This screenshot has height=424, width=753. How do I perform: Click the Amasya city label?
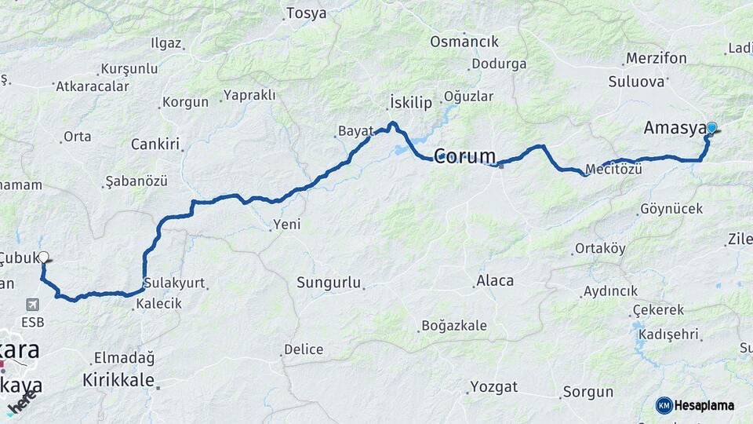(674, 128)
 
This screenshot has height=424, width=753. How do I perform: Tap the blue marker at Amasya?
(711, 127)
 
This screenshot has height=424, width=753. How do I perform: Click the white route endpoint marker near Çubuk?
(44, 256)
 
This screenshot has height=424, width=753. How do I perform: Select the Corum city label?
(464, 155)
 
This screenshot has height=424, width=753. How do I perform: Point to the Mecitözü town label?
(614, 169)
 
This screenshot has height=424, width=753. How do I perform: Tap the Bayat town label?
(355, 131)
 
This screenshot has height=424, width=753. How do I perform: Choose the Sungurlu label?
(329, 282)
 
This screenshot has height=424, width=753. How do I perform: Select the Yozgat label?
(493, 386)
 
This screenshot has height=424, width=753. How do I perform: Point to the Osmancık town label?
(464, 42)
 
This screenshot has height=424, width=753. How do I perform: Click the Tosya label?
(306, 13)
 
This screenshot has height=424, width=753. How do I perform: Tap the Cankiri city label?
(155, 144)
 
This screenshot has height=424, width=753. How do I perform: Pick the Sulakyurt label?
(173, 283)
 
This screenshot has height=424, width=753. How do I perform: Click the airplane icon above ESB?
(33, 304)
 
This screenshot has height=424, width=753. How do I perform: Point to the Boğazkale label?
(454, 325)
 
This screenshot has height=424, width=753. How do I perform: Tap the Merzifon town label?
(657, 58)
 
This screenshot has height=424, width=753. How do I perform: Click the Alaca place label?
(495, 280)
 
